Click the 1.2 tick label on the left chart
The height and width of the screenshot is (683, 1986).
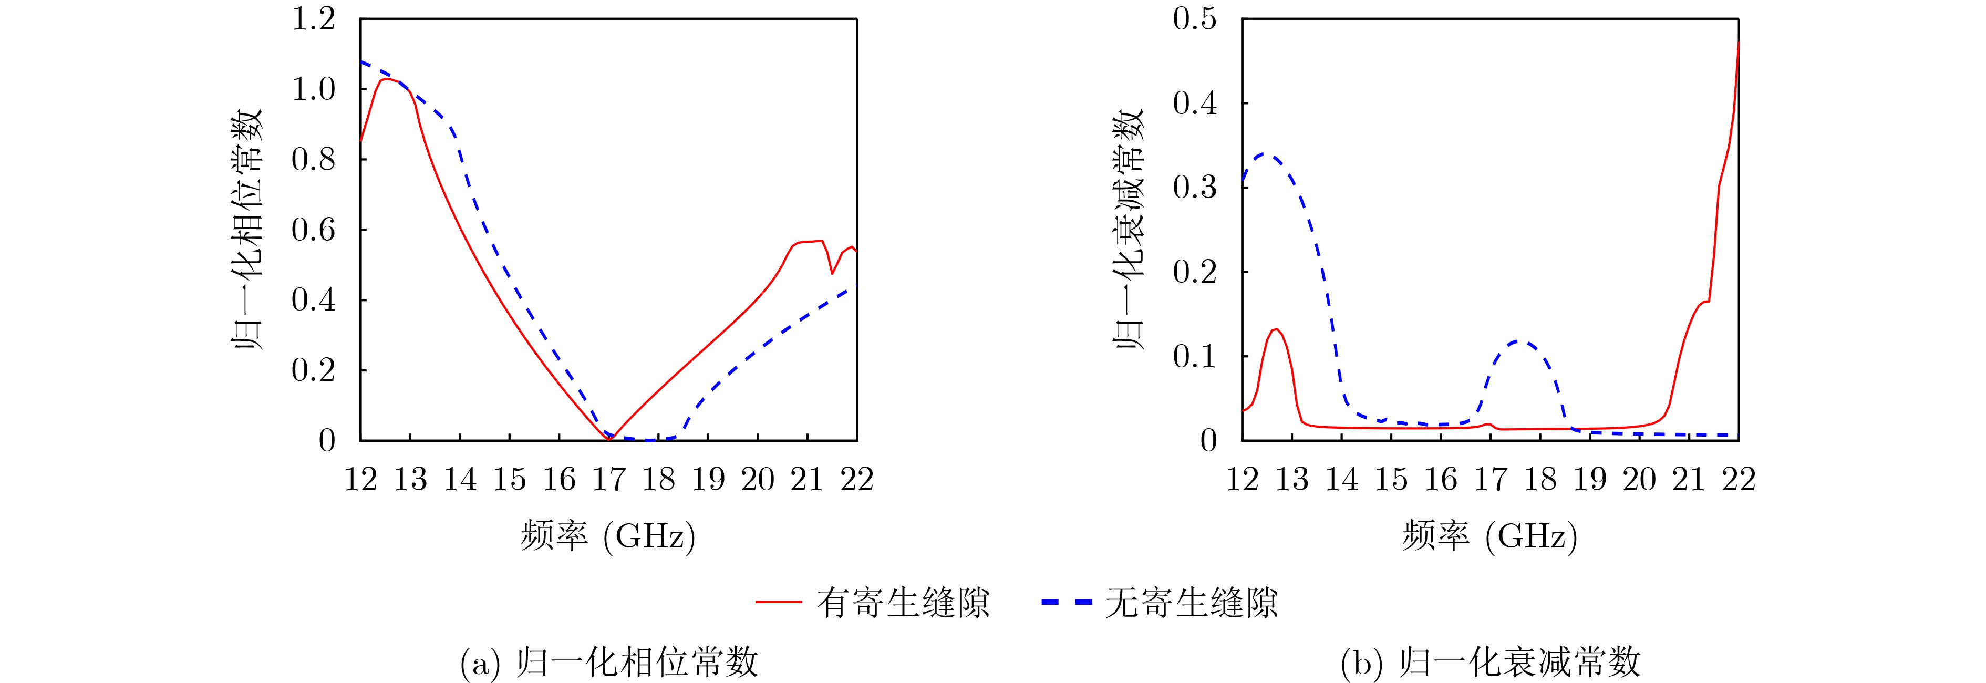313,19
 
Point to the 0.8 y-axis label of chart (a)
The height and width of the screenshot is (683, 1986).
313,160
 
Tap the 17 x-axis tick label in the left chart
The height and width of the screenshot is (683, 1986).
608,480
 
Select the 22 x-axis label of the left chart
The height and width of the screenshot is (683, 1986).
856,480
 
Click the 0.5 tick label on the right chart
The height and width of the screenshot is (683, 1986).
1194,19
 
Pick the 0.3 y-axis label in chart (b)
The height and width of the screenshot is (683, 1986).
1194,188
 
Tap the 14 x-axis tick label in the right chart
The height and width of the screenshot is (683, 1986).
1341,480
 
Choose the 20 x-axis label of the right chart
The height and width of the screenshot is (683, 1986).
1639,480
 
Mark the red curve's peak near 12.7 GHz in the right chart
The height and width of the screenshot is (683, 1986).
1277,329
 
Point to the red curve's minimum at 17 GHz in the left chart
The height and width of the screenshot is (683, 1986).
609,439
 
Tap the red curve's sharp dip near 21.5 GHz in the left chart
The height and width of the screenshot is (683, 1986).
832,273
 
